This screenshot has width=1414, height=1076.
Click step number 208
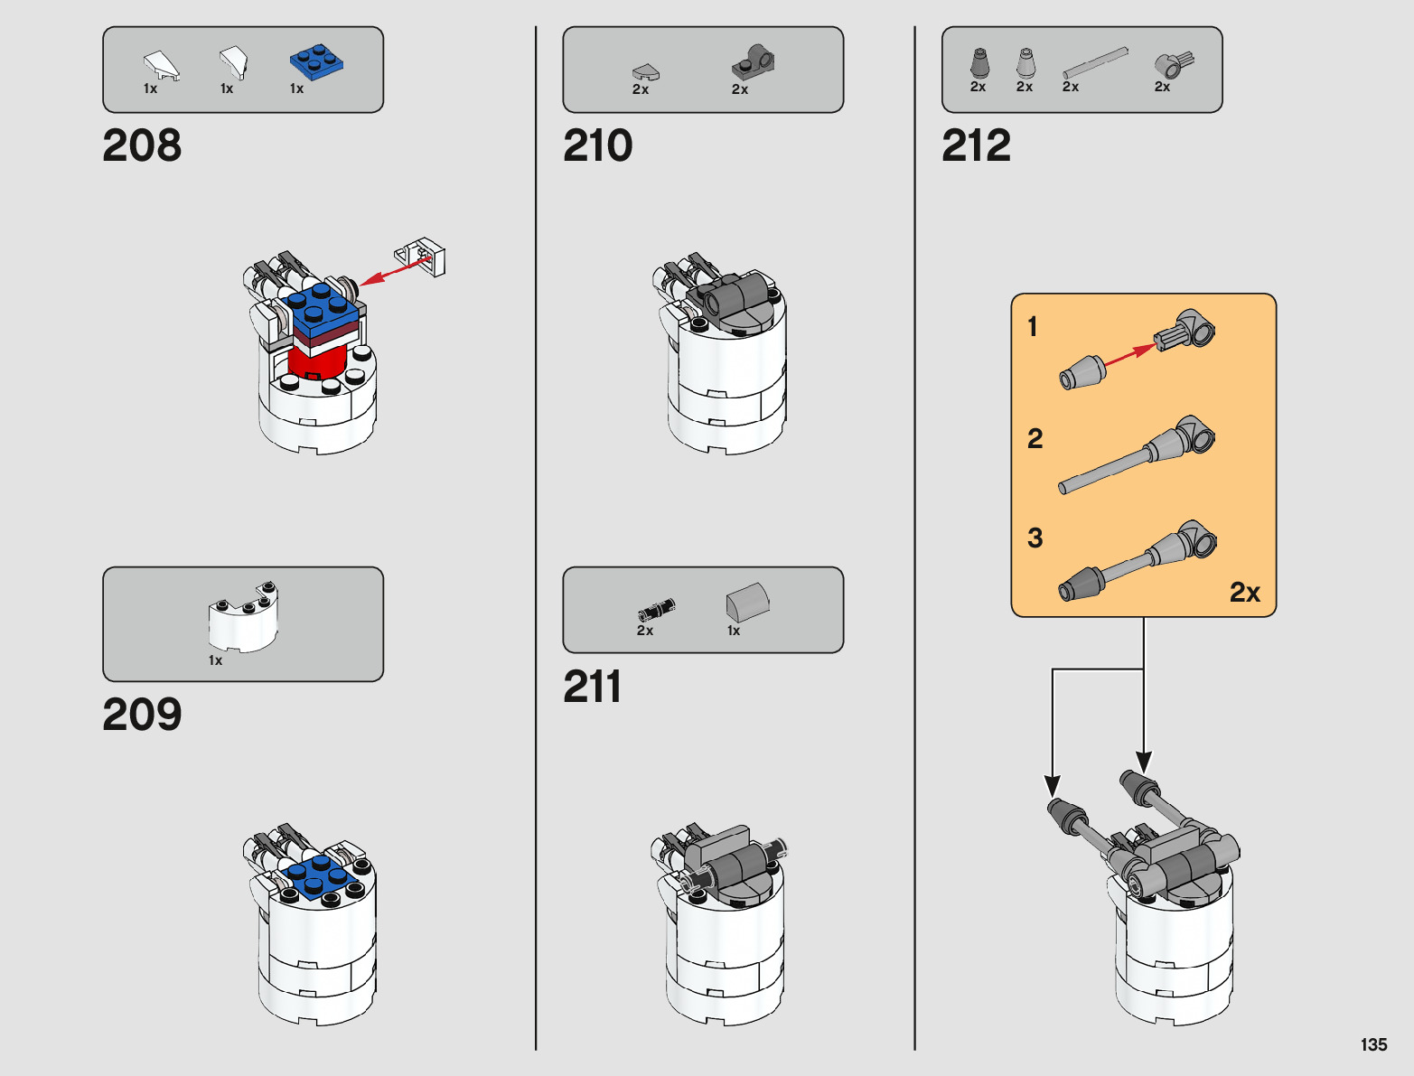coord(142,145)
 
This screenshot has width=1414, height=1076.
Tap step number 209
coord(142,714)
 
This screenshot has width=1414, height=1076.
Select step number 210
coord(598,145)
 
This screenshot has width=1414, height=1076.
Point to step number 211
coord(592,687)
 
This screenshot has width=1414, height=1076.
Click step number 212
coord(976,145)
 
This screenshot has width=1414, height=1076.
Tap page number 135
coord(1373,1044)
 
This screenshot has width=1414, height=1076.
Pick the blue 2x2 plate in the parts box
coord(316,61)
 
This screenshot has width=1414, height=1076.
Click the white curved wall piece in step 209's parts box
coord(244,617)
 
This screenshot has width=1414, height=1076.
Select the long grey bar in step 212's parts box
coord(1095,62)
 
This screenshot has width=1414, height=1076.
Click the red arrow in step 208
coord(395,270)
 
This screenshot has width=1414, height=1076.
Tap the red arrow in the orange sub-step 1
coord(1130,356)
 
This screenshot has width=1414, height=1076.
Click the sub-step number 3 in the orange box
coord(1035,538)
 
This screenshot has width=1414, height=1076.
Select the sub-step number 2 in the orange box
coord(1035,439)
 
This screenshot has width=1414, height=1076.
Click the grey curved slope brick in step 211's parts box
coord(747,602)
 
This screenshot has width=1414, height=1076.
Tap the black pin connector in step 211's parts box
coord(657,609)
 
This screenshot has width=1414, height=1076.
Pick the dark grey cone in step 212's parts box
coord(979,62)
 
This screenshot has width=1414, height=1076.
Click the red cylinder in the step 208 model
coord(318,362)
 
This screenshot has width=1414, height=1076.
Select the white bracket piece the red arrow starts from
coord(420,257)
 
